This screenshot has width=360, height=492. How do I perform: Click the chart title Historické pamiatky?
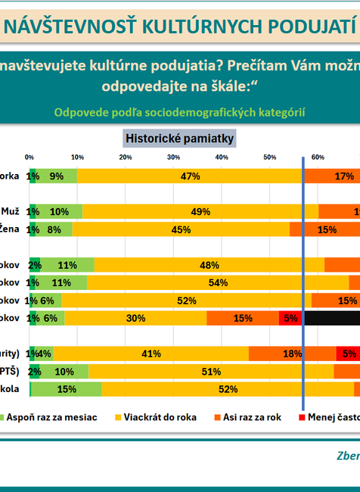(x=180, y=139)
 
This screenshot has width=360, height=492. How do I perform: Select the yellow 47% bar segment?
(x=190, y=176)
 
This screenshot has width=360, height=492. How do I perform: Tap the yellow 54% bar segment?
(x=218, y=282)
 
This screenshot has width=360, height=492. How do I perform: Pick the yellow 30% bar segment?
(x=135, y=318)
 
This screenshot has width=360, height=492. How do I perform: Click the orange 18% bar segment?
(x=292, y=353)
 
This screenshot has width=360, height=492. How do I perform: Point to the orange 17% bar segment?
(x=331, y=176)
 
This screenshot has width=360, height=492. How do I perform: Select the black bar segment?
(x=332, y=318)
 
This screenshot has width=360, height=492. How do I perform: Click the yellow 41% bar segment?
(x=151, y=353)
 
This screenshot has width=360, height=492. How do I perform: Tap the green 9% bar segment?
(x=56, y=176)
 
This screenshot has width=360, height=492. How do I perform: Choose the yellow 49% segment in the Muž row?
(x=200, y=211)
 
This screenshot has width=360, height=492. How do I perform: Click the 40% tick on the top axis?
(x=222, y=157)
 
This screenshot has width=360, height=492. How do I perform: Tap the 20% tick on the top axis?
(x=126, y=157)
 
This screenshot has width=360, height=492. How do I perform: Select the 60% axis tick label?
(x=318, y=157)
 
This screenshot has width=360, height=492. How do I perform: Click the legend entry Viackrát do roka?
(x=154, y=416)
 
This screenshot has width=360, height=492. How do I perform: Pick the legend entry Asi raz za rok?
(x=252, y=416)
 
